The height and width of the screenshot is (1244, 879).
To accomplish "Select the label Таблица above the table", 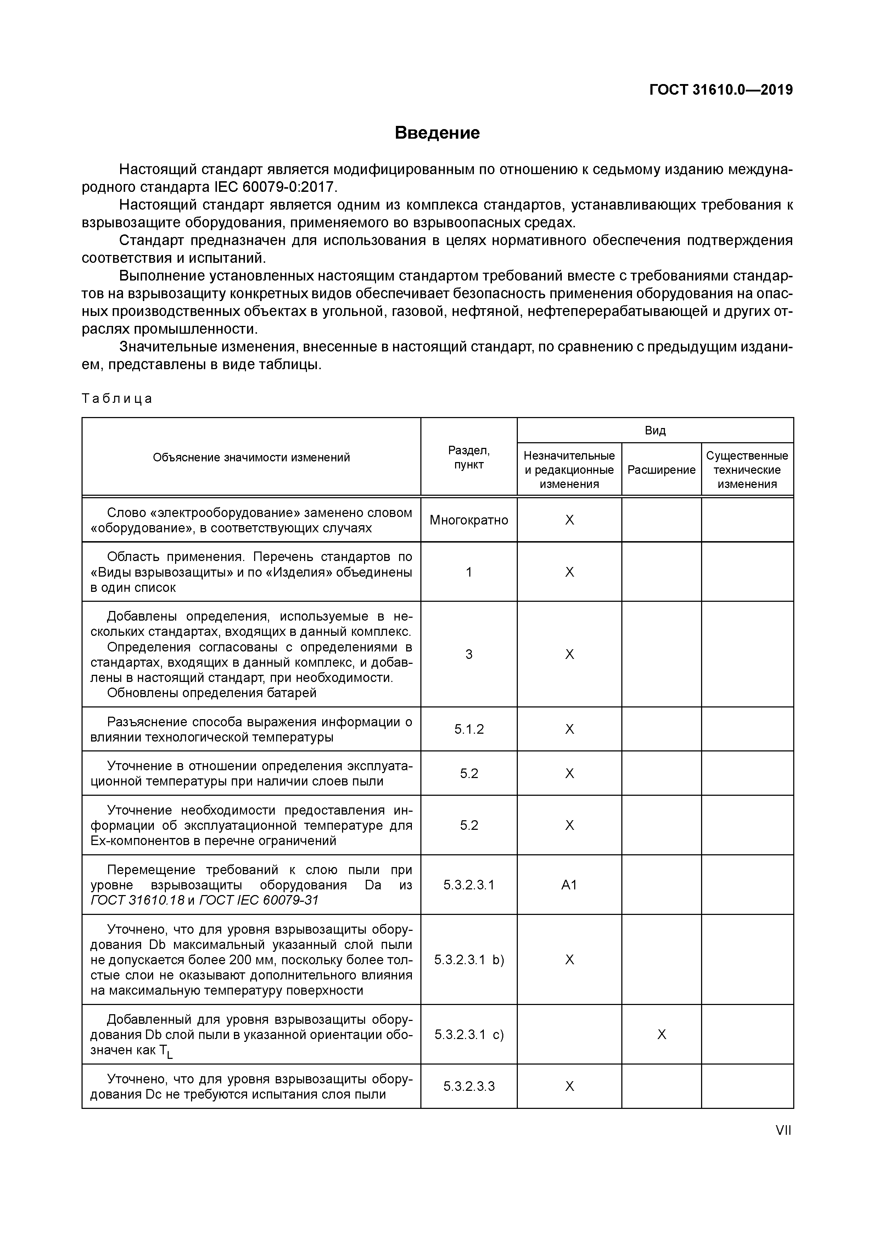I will (x=117, y=399).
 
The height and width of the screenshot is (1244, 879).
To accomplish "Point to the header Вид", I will (x=655, y=431).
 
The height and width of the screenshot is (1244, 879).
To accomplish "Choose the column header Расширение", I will (x=661, y=470).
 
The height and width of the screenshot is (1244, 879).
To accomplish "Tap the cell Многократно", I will (x=469, y=520).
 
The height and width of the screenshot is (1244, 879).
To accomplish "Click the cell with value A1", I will (x=569, y=885).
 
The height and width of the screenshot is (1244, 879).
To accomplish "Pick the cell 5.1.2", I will (x=469, y=729).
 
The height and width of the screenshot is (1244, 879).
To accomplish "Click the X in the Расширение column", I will (x=661, y=1035).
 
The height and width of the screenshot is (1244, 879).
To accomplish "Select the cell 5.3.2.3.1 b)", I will (x=469, y=960).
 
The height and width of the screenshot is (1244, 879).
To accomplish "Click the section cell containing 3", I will (x=469, y=655).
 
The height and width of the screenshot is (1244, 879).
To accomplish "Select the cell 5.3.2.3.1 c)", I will (x=469, y=1035).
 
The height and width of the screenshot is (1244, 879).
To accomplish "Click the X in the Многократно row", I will (x=569, y=520).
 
